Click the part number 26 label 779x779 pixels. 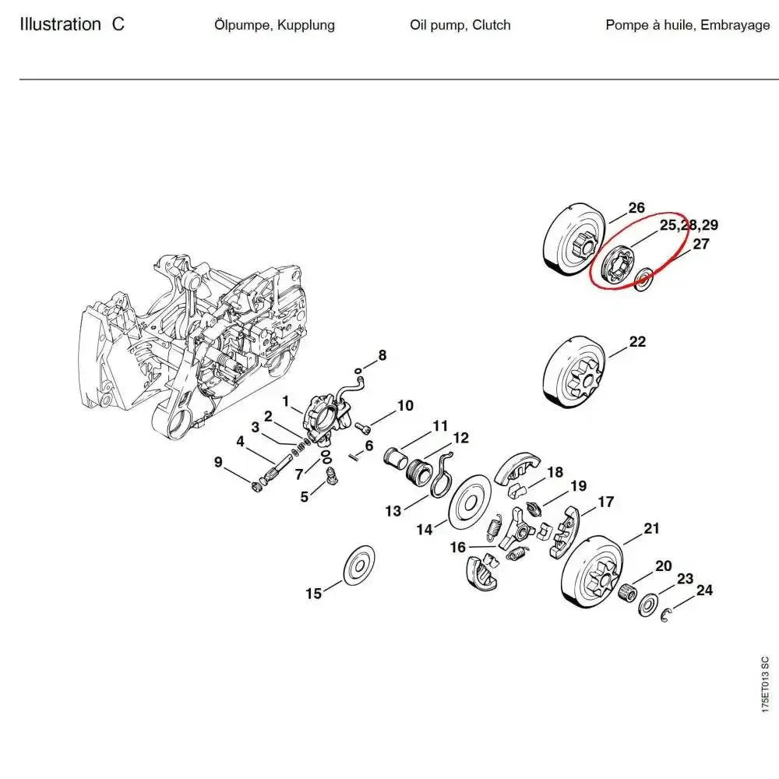click(636, 208)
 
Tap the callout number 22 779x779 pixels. click(637, 342)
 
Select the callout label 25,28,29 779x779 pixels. click(689, 226)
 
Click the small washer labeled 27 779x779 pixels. click(644, 279)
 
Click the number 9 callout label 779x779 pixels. click(218, 463)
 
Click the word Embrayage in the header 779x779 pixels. click(735, 25)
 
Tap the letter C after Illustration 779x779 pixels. click(117, 24)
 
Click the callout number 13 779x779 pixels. click(393, 511)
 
